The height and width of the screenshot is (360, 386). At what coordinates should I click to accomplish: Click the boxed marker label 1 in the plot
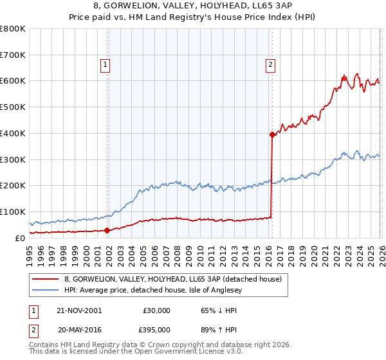click(104, 64)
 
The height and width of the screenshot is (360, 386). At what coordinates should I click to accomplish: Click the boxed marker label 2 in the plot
click(271, 64)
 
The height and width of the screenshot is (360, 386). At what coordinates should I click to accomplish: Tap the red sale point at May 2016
click(272, 134)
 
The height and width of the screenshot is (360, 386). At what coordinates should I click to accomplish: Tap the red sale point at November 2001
click(107, 230)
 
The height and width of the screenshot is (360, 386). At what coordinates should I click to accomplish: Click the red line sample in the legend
click(45, 279)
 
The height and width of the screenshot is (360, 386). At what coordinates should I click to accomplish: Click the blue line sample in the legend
click(45, 290)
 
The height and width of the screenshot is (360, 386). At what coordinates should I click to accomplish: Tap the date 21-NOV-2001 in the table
click(79, 310)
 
